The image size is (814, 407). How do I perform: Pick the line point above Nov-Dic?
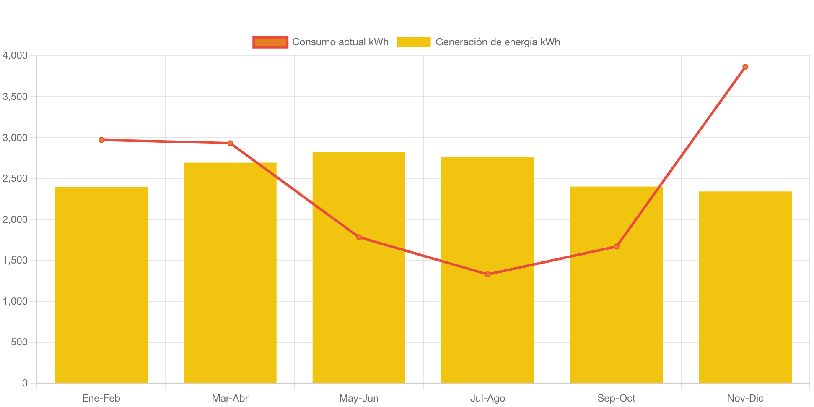point(745,67)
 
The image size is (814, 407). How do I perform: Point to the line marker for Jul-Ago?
point(487,274)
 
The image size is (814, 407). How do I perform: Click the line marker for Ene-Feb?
point(101,140)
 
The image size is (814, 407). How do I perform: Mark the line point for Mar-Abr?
point(230,143)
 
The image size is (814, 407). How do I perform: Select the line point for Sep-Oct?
point(616,246)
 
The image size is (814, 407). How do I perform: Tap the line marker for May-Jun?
point(359,237)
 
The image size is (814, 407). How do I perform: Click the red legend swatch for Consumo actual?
point(270,42)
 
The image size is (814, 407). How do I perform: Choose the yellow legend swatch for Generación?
point(413,42)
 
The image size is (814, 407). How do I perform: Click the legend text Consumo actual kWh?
point(340,42)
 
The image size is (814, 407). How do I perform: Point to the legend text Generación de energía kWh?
point(498,42)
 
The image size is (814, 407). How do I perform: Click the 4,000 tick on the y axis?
point(15,55)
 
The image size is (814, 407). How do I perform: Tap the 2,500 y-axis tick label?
point(15,178)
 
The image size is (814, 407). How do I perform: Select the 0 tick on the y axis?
point(25,383)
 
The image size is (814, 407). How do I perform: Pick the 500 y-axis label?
point(19,342)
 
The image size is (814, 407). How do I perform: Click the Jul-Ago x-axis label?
point(487,398)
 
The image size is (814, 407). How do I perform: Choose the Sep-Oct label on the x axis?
point(616,398)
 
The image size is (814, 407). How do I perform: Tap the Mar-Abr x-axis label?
point(230,398)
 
